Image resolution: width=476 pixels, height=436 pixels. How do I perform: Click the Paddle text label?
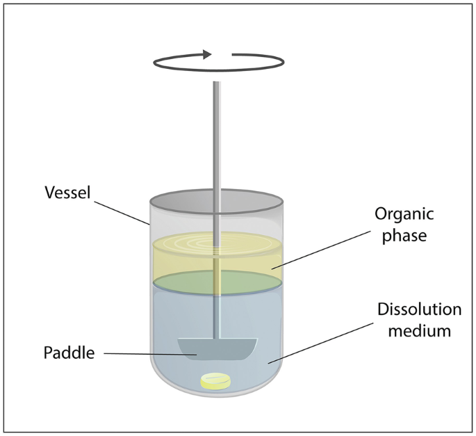pos(67,353)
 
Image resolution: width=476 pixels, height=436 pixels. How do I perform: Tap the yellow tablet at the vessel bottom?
pos(215,380)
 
